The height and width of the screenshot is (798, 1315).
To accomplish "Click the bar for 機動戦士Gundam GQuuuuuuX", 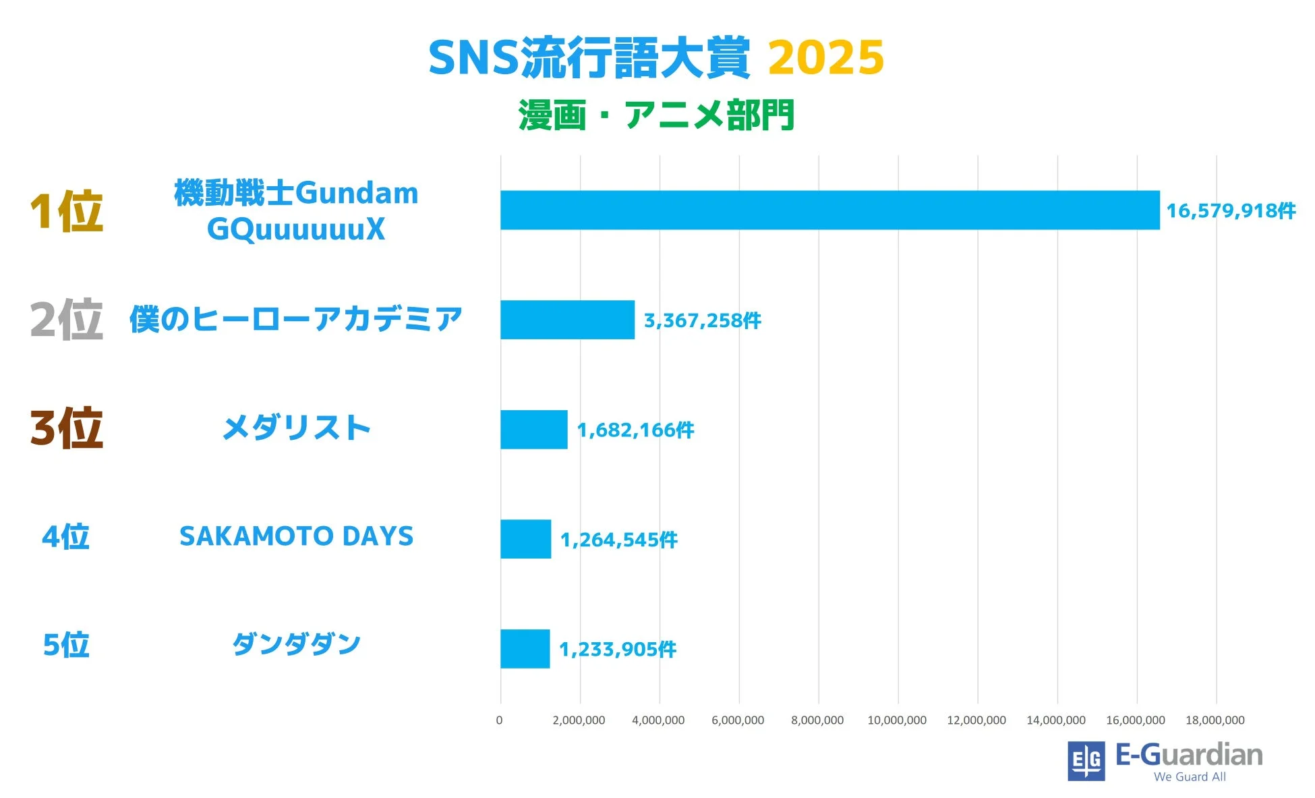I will click(829, 210).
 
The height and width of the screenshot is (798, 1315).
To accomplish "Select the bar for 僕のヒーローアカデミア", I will click(567, 320).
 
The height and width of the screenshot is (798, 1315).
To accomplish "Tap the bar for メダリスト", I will click(533, 430).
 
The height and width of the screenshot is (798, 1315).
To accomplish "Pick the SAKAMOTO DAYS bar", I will click(525, 539).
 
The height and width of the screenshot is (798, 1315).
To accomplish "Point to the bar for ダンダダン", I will click(525, 649).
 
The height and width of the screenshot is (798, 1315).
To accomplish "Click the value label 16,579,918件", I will click(1231, 211).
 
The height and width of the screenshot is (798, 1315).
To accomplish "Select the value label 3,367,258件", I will click(702, 320).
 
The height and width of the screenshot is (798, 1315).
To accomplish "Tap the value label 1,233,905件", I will click(617, 650).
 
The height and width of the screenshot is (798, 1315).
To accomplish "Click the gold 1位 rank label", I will click(66, 212).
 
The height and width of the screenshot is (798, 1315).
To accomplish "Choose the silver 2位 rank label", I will click(66, 320).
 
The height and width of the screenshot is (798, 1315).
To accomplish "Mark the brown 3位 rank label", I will click(66, 428).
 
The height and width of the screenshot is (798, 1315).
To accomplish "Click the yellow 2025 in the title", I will click(825, 58).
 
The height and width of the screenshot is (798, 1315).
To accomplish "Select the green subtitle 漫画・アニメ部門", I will click(656, 115).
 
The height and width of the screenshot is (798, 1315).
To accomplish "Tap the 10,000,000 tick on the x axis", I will click(897, 720).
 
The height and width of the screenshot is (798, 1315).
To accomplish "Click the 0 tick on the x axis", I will click(499, 720).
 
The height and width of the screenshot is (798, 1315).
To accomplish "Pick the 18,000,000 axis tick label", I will click(1215, 720).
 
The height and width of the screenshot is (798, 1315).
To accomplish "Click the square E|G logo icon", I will click(1086, 761).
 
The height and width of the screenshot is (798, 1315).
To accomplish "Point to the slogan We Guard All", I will click(1190, 777).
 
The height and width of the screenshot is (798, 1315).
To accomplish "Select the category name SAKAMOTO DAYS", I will click(296, 537).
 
